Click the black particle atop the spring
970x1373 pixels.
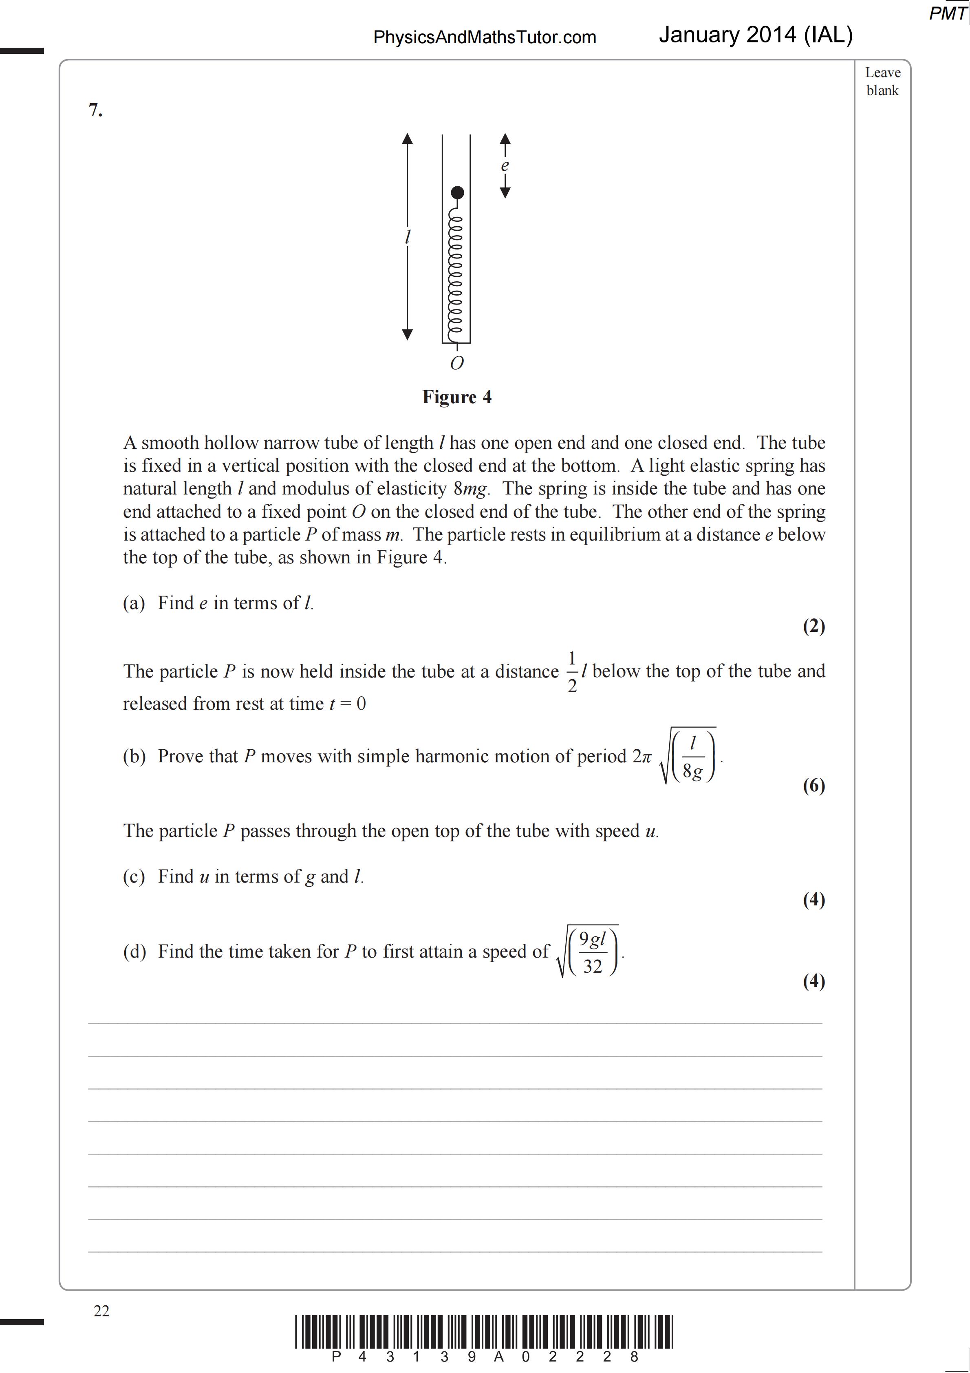click(457, 192)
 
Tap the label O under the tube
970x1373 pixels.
click(456, 363)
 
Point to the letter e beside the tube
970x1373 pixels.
click(505, 166)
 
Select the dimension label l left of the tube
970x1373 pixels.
click(407, 237)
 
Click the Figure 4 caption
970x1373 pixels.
click(457, 397)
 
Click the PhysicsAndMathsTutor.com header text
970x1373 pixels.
click(485, 37)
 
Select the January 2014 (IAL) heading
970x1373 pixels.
click(755, 35)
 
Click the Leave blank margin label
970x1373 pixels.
click(882, 81)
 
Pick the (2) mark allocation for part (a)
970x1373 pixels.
click(813, 626)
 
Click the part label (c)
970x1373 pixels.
click(134, 876)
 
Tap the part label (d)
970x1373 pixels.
click(134, 951)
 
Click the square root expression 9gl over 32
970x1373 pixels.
click(589, 951)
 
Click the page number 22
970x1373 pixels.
click(101, 1311)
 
